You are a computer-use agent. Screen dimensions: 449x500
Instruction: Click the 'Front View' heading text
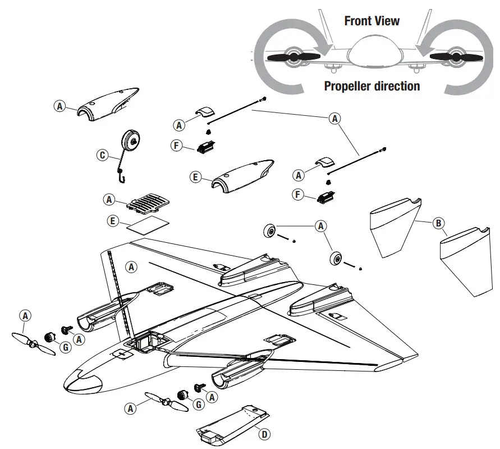point(371,21)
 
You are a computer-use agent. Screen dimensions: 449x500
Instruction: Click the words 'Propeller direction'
point(371,86)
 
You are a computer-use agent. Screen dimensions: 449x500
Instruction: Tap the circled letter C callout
point(102,155)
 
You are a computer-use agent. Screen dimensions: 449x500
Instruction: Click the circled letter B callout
point(438,223)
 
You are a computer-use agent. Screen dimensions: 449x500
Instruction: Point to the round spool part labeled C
point(132,143)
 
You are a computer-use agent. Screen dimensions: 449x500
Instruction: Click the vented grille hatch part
point(147,203)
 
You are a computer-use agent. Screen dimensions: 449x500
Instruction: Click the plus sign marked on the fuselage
point(121,354)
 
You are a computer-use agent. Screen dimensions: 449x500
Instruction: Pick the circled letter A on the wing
point(131,266)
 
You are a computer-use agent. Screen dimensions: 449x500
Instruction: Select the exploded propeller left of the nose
point(34,344)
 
